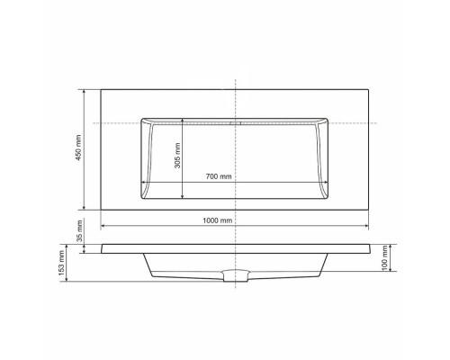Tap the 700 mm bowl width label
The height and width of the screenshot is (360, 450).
(218, 176)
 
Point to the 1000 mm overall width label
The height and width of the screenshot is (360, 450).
(218, 220)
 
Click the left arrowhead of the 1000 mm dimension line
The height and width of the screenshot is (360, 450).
(103, 226)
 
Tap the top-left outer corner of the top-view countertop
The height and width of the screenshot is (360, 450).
(100, 88)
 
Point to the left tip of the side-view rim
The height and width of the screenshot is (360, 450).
(101, 243)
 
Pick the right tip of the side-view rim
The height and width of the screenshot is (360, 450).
(369, 243)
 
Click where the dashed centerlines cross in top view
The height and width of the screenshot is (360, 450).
(235, 122)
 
